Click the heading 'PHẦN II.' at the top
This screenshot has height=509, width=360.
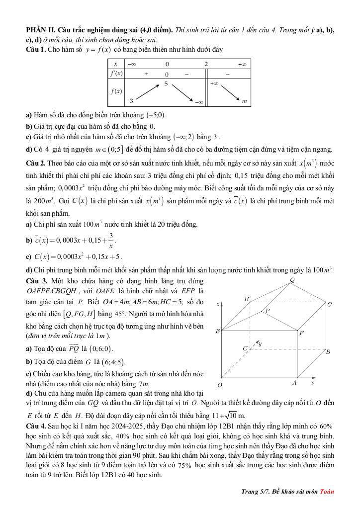click(42, 30)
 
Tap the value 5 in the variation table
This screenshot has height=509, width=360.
click(166, 84)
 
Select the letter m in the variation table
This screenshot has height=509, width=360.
click(244, 101)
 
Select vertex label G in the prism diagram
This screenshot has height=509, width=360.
click(329, 304)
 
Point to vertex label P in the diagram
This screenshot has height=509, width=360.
click(267, 311)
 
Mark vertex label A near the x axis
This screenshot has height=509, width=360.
click(294, 383)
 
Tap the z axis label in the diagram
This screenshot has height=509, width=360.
click(218, 303)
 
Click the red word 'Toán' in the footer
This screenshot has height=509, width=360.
click(327, 492)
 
